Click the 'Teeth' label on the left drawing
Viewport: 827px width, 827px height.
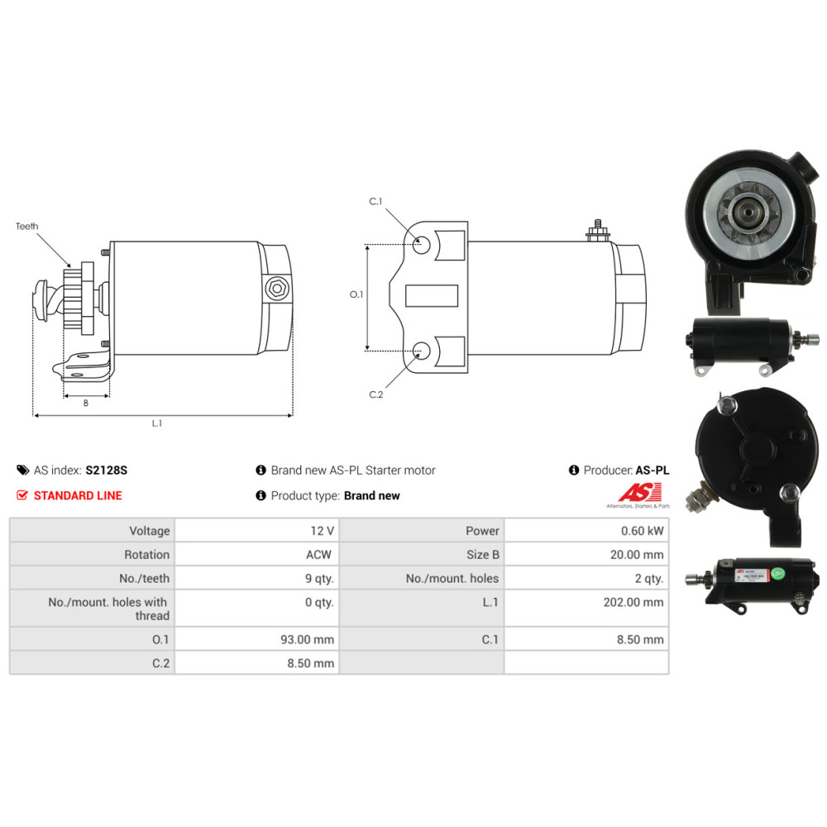click(x=27, y=227)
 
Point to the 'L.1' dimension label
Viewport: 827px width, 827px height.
click(x=156, y=423)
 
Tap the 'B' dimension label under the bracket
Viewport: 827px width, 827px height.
click(x=86, y=403)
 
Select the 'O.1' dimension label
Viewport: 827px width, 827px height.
click(x=356, y=294)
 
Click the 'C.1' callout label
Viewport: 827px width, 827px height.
click(x=375, y=202)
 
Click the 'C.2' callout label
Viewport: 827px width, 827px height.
click(x=376, y=394)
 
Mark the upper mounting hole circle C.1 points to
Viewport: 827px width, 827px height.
click(x=421, y=244)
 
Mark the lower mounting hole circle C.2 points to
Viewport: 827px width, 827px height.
click(x=421, y=350)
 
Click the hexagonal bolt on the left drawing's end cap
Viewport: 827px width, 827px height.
click(x=277, y=289)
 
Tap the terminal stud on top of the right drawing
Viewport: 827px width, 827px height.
click(x=598, y=231)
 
